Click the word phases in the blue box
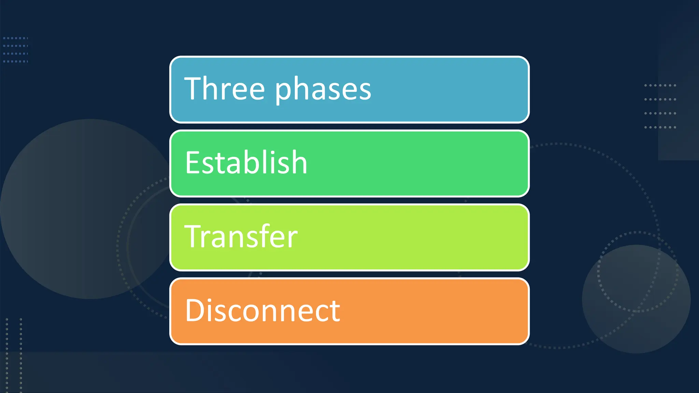click(323, 90)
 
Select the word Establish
click(246, 163)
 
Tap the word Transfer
click(241, 236)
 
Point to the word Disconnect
click(262, 310)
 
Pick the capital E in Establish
click(192, 163)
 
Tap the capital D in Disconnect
click(195, 310)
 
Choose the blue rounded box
click(444, 89)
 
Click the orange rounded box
click(444, 311)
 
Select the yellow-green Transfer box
click(444, 237)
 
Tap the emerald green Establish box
click(444, 163)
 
